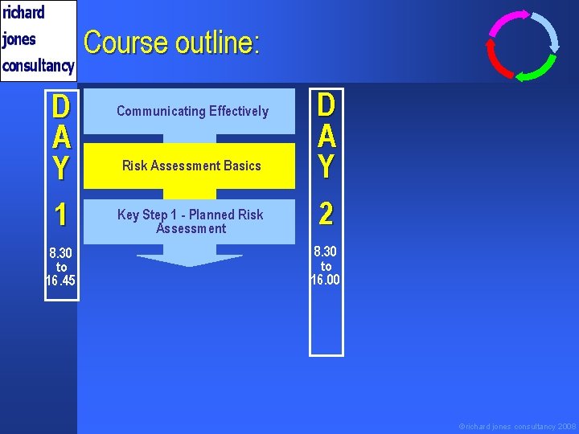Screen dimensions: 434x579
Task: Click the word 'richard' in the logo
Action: (x=24, y=13)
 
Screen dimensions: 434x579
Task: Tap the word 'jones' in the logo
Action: (x=20, y=39)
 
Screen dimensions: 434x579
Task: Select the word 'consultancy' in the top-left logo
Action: (x=39, y=65)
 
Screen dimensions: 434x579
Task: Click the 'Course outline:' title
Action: (x=171, y=43)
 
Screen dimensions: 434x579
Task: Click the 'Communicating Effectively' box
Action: (x=192, y=111)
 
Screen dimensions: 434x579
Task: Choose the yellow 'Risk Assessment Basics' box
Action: (x=191, y=166)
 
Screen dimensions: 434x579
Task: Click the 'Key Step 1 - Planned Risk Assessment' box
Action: (x=191, y=221)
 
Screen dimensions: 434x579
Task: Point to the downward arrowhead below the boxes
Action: (x=190, y=259)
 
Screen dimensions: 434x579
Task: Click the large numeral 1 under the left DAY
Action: (x=61, y=215)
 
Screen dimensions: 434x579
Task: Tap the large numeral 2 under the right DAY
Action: (x=326, y=214)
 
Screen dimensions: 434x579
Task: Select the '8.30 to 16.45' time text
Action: (x=61, y=266)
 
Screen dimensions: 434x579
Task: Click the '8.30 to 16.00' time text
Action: (x=326, y=266)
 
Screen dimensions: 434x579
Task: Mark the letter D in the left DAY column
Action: (x=61, y=108)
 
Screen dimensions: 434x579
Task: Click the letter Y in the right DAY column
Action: (x=326, y=166)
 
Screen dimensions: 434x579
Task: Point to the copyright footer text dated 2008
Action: (x=517, y=426)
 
